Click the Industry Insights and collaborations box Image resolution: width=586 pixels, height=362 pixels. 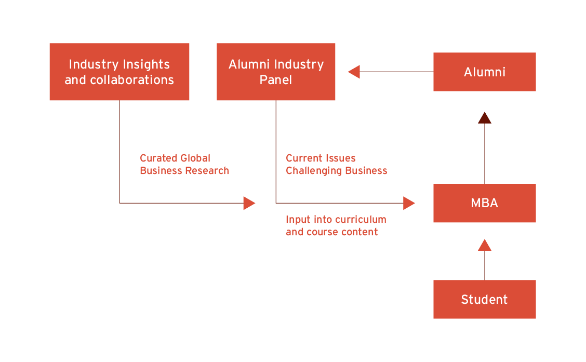click(x=119, y=72)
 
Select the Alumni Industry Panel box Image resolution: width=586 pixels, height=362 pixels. click(x=276, y=72)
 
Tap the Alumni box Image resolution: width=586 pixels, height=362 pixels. click(x=484, y=72)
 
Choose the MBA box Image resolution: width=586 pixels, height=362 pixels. click(x=484, y=203)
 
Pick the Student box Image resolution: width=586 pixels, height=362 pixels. click(x=484, y=299)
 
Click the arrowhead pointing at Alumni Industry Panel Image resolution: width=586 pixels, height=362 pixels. click(x=354, y=72)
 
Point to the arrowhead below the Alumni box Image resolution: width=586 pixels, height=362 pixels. click(x=485, y=117)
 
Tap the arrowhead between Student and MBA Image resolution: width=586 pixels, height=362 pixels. click(x=485, y=245)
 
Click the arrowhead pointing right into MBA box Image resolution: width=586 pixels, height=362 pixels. click(x=409, y=203)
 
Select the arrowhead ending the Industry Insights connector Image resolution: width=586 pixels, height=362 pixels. click(x=249, y=203)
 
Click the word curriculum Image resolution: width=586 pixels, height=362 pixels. click(x=362, y=219)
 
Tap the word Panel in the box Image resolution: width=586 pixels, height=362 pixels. click(x=276, y=80)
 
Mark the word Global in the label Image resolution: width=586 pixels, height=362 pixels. click(x=195, y=158)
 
